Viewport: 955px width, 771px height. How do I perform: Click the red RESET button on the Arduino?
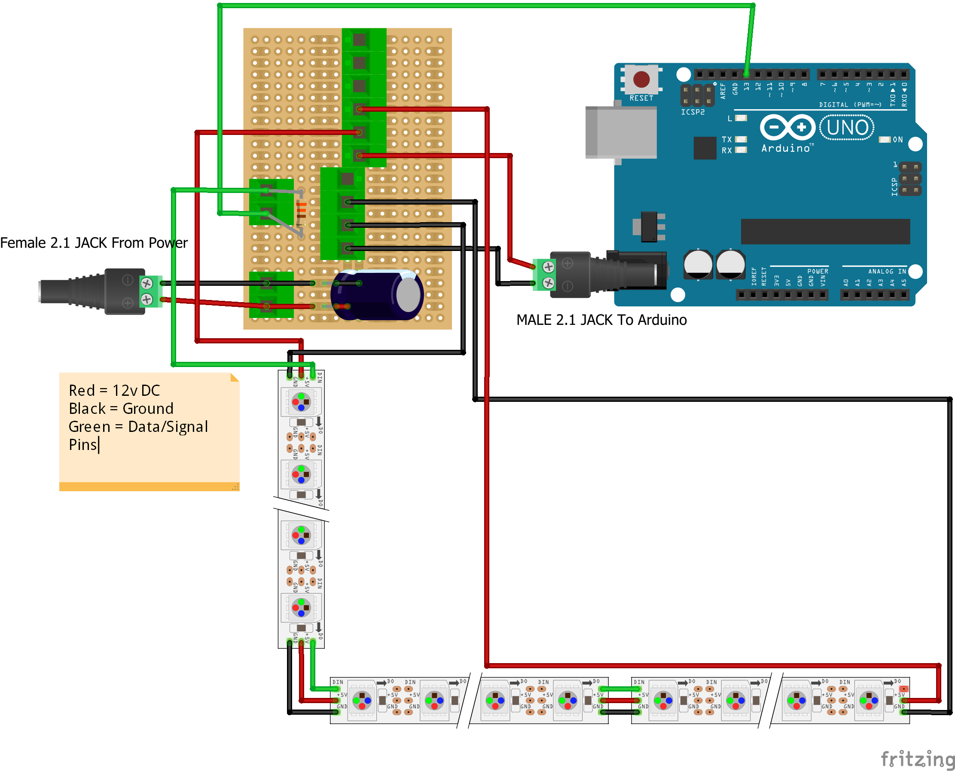pyautogui.click(x=641, y=80)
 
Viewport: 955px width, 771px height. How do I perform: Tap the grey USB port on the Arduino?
pyautogui.click(x=622, y=132)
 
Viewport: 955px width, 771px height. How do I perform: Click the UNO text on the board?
pyautogui.click(x=847, y=128)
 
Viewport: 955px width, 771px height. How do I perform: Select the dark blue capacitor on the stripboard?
pyautogui.click(x=376, y=295)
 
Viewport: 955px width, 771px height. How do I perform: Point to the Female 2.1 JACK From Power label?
pyautogui.click(x=94, y=243)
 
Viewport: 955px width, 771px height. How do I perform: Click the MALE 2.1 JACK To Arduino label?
pyautogui.click(x=601, y=320)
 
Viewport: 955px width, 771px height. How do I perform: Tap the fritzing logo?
pyautogui.click(x=917, y=759)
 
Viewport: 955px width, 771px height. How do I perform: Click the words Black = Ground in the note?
pyautogui.click(x=121, y=408)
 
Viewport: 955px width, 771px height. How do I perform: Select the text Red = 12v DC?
pyautogui.click(x=114, y=390)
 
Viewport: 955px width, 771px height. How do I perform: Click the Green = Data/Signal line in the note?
pyautogui.click(x=138, y=426)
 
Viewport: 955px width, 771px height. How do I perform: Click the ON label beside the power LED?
pyautogui.click(x=897, y=139)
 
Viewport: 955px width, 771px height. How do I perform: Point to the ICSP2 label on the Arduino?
pyautogui.click(x=693, y=112)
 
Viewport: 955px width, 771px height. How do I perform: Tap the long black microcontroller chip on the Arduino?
pyautogui.click(x=825, y=231)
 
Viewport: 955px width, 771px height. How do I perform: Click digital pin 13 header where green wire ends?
pyautogui.click(x=746, y=74)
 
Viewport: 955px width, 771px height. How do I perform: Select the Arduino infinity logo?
pyautogui.click(x=787, y=128)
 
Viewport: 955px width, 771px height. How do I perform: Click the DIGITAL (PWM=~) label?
pyautogui.click(x=850, y=105)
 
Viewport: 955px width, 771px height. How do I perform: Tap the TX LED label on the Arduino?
pyautogui.click(x=726, y=139)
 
